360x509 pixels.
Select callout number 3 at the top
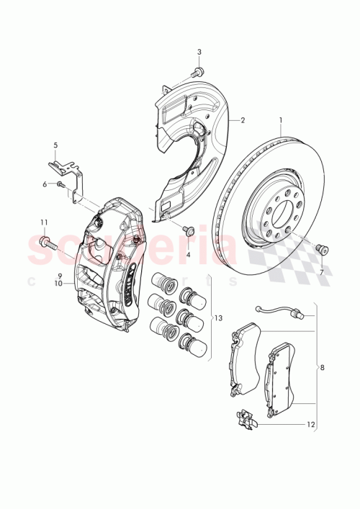[x=199, y=52]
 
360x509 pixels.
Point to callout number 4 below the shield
[x=189, y=255]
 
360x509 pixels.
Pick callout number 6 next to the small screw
[x=45, y=184]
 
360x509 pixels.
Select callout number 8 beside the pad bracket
[x=321, y=367]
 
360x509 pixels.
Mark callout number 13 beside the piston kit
[x=219, y=318]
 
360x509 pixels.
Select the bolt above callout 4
[x=189, y=230]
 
